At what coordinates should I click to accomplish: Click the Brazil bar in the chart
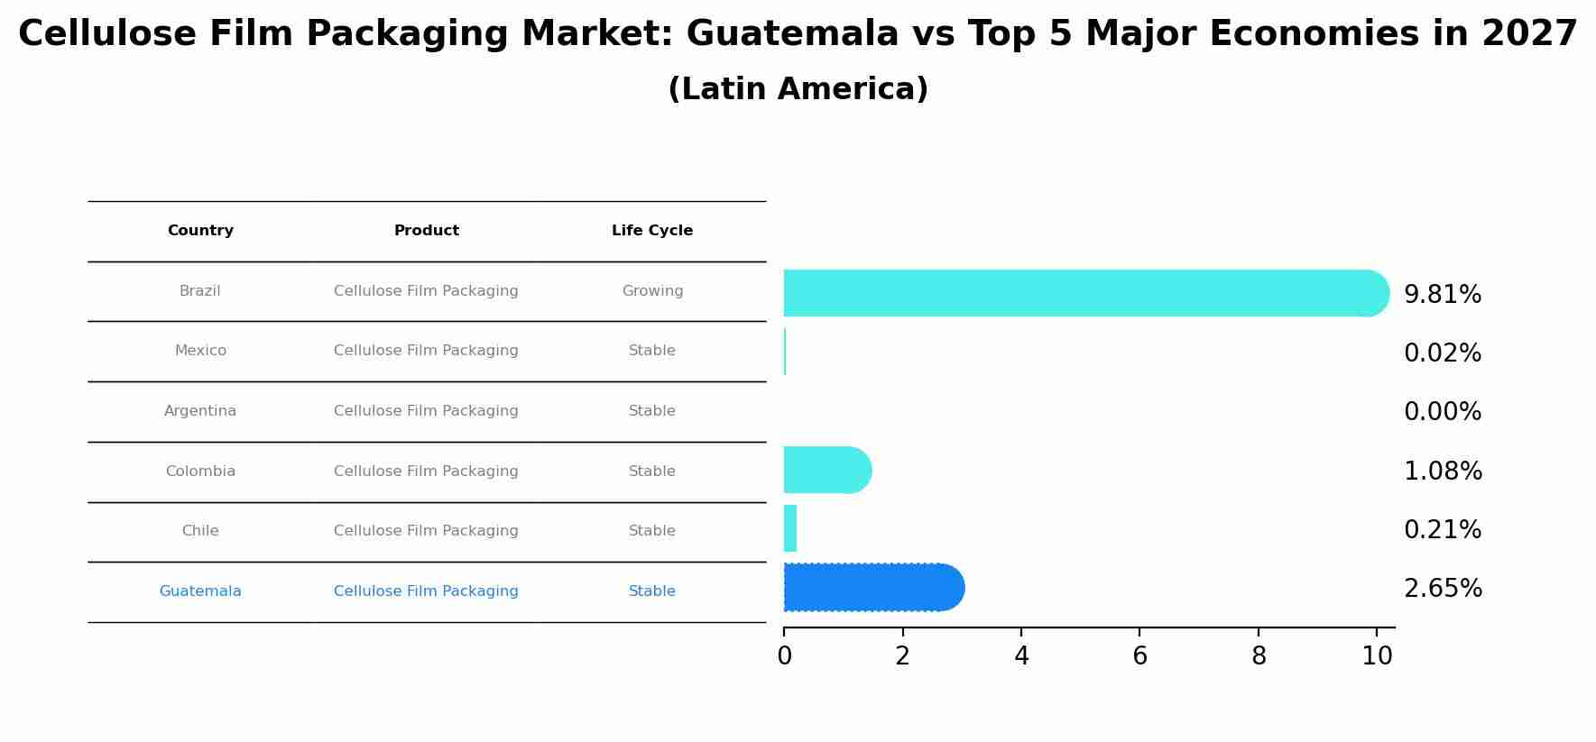tap(1083, 293)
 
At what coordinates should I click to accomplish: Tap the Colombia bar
tap(826, 470)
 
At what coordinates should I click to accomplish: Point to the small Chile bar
tap(790, 528)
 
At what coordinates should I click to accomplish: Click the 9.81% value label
tap(1442, 295)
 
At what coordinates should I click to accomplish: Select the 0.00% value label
tap(1442, 412)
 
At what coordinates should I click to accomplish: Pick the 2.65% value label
tap(1442, 589)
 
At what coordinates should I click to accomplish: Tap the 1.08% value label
tap(1442, 472)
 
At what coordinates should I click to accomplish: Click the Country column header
tap(200, 231)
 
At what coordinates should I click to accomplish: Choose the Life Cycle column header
tap(651, 231)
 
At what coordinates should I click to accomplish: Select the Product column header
tap(426, 231)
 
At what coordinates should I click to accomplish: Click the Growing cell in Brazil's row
tap(651, 291)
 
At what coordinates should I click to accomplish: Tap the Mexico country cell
tap(200, 351)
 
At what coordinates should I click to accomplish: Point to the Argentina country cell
tap(200, 411)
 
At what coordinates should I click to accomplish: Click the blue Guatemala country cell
tap(200, 591)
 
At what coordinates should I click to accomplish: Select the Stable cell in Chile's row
tap(651, 531)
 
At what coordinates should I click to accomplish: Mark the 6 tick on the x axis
tap(1139, 656)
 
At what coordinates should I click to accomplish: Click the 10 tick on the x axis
tap(1377, 656)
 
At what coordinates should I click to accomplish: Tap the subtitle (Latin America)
tap(798, 89)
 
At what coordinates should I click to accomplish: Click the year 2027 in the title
tap(1528, 34)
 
